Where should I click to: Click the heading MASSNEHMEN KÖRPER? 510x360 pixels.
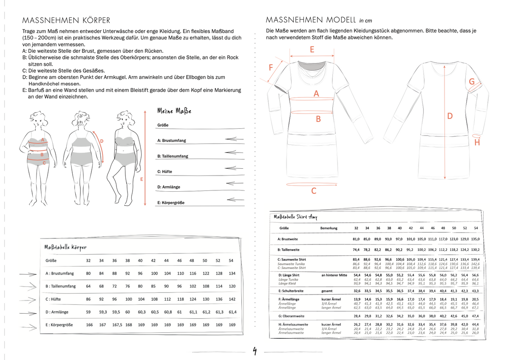66,20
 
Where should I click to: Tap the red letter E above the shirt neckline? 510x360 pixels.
312,49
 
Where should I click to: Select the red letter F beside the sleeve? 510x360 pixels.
271,68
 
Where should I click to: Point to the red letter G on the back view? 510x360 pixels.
472,81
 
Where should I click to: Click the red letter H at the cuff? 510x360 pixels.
477,143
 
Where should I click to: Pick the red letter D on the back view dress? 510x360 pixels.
450,116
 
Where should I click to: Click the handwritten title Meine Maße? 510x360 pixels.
174,111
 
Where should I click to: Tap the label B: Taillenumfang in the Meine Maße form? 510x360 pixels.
173,156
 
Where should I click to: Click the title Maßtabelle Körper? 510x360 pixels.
65,247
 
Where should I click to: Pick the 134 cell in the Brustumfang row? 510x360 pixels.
232,273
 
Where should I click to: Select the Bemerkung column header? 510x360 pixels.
329,228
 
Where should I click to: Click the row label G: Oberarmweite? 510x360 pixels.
292,316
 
